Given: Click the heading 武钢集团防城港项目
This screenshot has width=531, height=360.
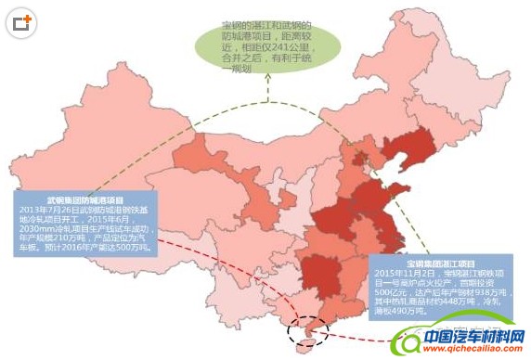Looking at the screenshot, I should click(85, 199).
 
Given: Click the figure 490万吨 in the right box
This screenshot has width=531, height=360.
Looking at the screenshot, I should click(409, 313).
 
